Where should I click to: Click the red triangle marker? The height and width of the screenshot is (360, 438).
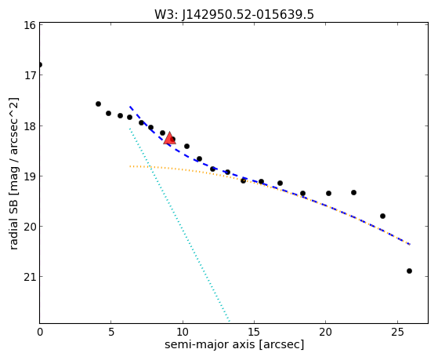169,138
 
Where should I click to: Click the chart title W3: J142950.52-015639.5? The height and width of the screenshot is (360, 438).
234,15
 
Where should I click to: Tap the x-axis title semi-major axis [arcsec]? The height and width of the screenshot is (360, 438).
234,344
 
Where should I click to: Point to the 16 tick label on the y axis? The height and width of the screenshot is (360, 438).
30,25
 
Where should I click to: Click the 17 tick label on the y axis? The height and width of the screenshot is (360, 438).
30,75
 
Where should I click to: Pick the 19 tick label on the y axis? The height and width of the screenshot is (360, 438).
30,176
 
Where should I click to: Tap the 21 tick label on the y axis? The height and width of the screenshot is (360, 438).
30,277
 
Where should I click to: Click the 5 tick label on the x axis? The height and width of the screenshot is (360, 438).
111,332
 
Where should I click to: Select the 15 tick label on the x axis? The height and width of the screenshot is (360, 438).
254,332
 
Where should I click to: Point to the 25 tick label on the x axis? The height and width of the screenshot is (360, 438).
397,332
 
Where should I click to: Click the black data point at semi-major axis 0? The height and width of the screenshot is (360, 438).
40,65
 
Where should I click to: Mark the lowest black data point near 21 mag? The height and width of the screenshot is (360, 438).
409,271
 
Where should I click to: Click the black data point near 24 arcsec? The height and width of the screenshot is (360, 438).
382,216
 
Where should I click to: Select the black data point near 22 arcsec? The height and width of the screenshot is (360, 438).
353,192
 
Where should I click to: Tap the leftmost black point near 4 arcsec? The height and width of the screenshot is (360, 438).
98,104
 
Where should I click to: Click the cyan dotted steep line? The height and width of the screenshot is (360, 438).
179,224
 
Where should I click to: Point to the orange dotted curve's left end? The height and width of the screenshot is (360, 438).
130,166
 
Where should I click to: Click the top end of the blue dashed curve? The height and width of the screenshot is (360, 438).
130,107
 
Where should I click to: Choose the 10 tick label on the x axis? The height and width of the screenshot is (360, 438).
183,332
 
